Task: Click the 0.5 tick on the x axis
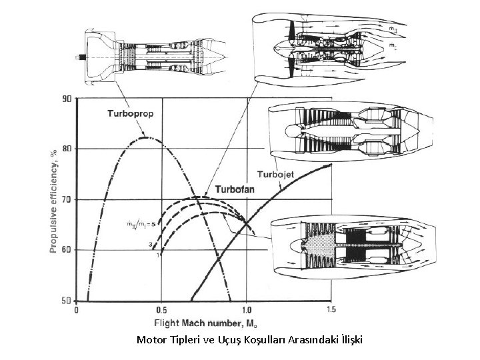(161, 310)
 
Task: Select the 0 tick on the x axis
(77, 310)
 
